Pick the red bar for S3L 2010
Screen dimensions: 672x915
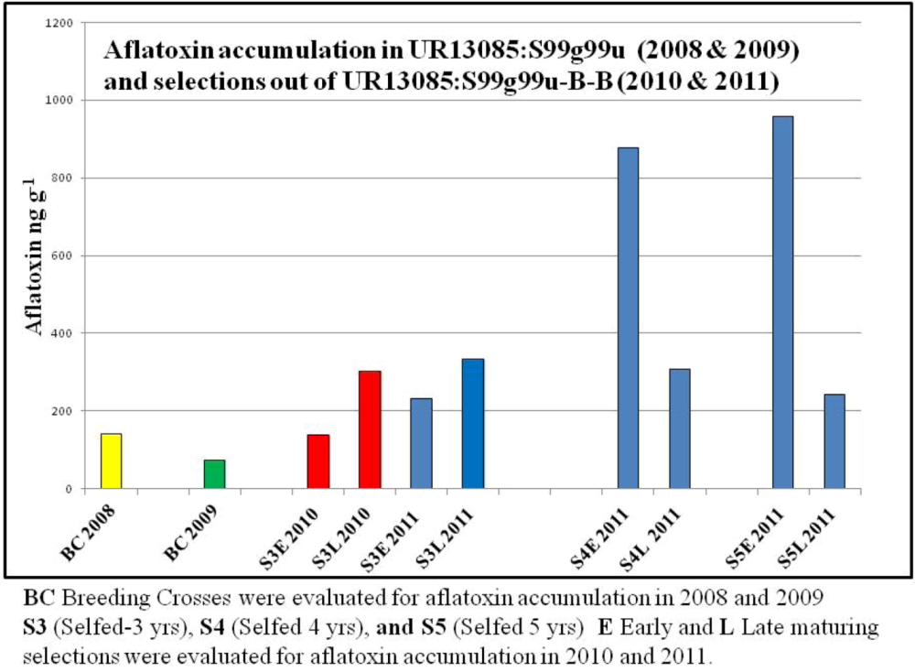370,429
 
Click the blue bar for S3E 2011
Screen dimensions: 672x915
421,443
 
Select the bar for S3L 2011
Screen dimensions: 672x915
473,423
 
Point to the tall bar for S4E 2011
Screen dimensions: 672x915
628,318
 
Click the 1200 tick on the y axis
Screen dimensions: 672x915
59,22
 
